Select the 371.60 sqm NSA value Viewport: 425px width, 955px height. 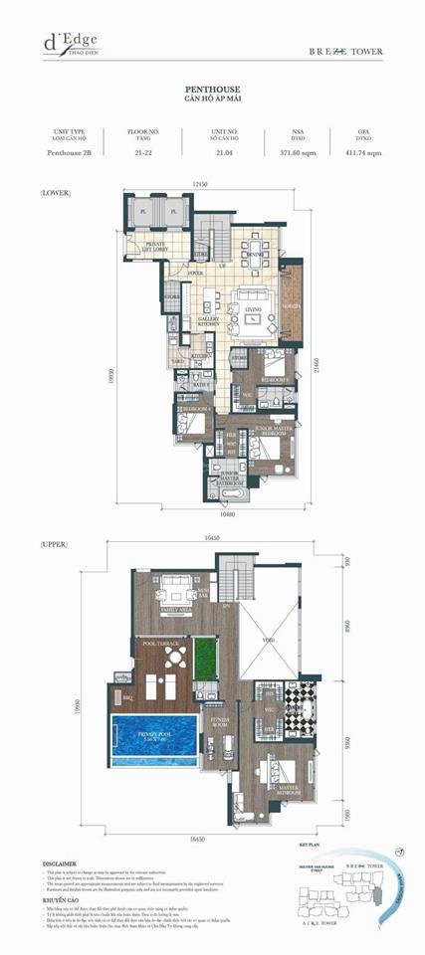[298, 152]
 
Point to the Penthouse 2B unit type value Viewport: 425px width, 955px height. [69, 152]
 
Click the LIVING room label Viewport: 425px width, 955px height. [253, 310]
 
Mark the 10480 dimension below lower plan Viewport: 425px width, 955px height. [228, 516]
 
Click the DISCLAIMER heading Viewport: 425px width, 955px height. [62, 864]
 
